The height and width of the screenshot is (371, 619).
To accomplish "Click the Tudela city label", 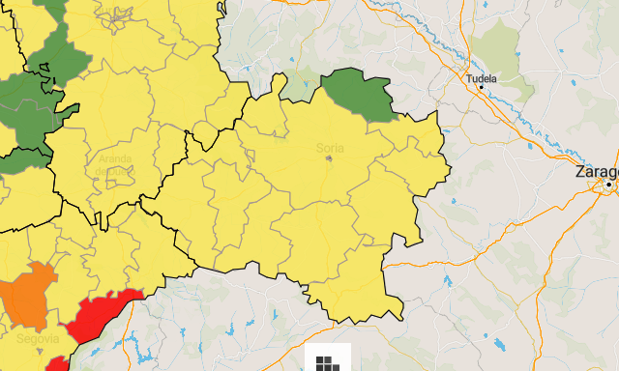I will coord(481,77).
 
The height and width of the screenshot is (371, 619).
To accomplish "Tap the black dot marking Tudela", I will coord(481,88).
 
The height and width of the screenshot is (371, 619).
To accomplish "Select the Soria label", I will coord(330,148).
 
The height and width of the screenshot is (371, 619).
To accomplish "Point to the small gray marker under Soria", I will coord(330,158).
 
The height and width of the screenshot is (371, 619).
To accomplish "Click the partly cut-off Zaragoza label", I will coord(596,171).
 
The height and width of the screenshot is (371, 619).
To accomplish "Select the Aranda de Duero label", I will coord(115,164).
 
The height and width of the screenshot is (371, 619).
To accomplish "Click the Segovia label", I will coord(37,338).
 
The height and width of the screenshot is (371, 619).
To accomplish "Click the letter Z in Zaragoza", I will coord(579,171).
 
